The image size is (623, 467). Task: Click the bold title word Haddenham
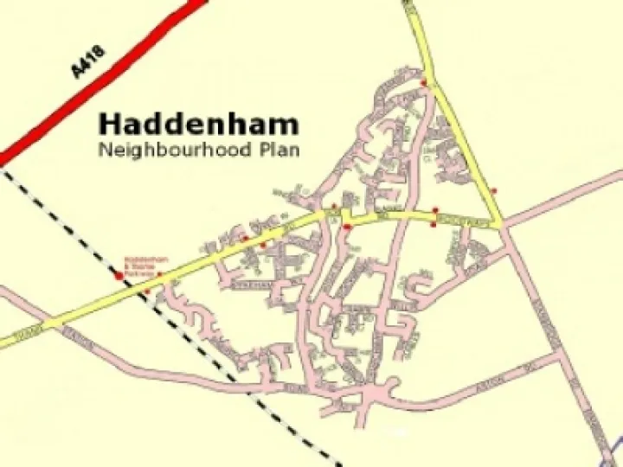(x=199, y=124)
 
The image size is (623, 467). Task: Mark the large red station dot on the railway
(x=119, y=276)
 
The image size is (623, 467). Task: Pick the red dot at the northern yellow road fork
(x=423, y=82)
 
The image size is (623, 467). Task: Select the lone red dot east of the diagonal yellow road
(x=493, y=190)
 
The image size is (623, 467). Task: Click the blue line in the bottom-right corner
(x=613, y=450)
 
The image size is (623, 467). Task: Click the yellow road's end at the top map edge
(x=408, y=3)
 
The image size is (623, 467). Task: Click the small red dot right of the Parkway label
(x=159, y=274)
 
